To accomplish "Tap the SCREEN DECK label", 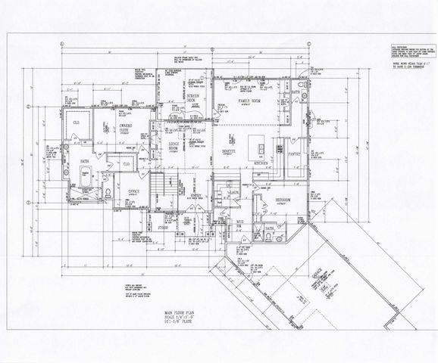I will click(193, 99).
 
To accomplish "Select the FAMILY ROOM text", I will click(250, 101).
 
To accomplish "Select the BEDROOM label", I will click(286, 199).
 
